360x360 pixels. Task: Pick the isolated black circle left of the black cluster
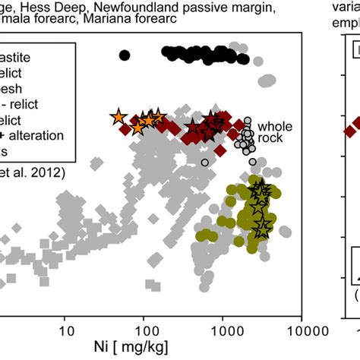[x=125, y=54]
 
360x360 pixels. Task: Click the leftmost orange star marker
[x=118, y=117]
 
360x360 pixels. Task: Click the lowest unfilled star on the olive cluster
[x=262, y=226]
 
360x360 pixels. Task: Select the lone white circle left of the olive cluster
[x=204, y=162]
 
